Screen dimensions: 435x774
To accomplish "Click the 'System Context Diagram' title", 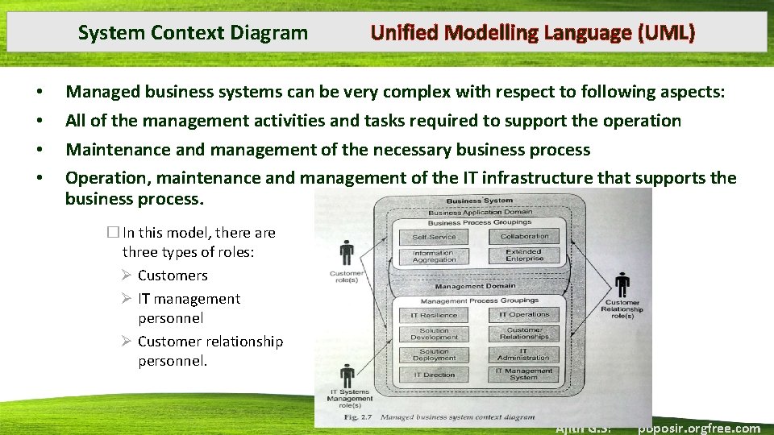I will point(193,33).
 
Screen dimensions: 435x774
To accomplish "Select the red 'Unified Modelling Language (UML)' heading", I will point(532,33).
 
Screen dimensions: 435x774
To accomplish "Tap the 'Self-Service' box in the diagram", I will point(435,237).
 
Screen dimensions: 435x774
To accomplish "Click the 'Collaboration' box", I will point(524,236).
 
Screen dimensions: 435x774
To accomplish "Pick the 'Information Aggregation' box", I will point(435,256).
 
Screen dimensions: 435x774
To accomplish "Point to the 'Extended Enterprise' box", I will point(524,255).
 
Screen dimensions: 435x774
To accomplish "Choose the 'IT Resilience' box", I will point(434,315).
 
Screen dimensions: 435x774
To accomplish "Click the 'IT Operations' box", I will point(524,314).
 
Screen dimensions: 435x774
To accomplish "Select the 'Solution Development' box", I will point(434,333).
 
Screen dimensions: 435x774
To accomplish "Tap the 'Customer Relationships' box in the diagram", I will point(524,333).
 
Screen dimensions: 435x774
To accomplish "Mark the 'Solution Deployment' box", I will point(434,354).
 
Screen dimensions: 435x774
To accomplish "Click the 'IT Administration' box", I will point(524,354).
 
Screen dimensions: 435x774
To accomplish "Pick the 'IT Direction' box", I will point(434,375).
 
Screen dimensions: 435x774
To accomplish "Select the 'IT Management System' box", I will point(524,374).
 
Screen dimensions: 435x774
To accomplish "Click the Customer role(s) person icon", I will point(347,253).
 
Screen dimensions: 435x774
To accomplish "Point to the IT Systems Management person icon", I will point(347,375).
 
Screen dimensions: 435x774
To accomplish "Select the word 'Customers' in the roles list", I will point(173,275).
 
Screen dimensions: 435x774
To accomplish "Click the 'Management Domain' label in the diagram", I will point(475,286).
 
